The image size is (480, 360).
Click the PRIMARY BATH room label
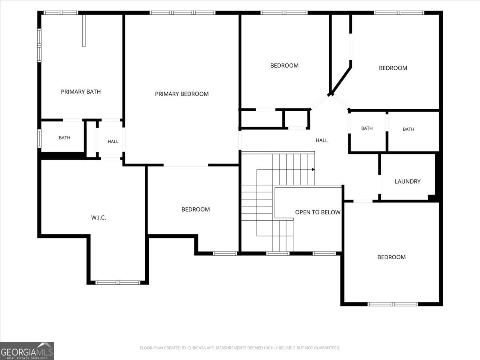[x=81, y=92]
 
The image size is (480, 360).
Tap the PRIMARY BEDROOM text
[x=182, y=94]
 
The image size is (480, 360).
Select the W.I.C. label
[x=99, y=218]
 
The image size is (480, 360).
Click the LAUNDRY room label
[x=407, y=182]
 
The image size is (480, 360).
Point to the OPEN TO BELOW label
[x=318, y=212]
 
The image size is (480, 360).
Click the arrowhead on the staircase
[x=313, y=169]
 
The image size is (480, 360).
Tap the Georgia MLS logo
[x=27, y=351]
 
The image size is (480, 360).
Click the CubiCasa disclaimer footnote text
[x=240, y=348]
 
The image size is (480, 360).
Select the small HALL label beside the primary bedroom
[x=113, y=142]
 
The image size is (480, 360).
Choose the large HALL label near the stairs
[x=322, y=140]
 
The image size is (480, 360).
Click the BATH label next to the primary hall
[x=64, y=138]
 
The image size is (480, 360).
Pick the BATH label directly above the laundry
[x=408, y=129]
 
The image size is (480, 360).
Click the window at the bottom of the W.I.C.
[x=118, y=282]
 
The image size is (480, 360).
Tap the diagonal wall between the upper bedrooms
[x=340, y=81]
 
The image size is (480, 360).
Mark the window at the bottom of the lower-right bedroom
[x=393, y=304]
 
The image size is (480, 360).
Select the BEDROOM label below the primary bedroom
[x=196, y=209]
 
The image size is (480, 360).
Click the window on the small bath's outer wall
[x=39, y=138]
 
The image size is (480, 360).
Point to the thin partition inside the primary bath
[x=84, y=31]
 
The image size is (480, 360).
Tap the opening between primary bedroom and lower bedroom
[x=186, y=165]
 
